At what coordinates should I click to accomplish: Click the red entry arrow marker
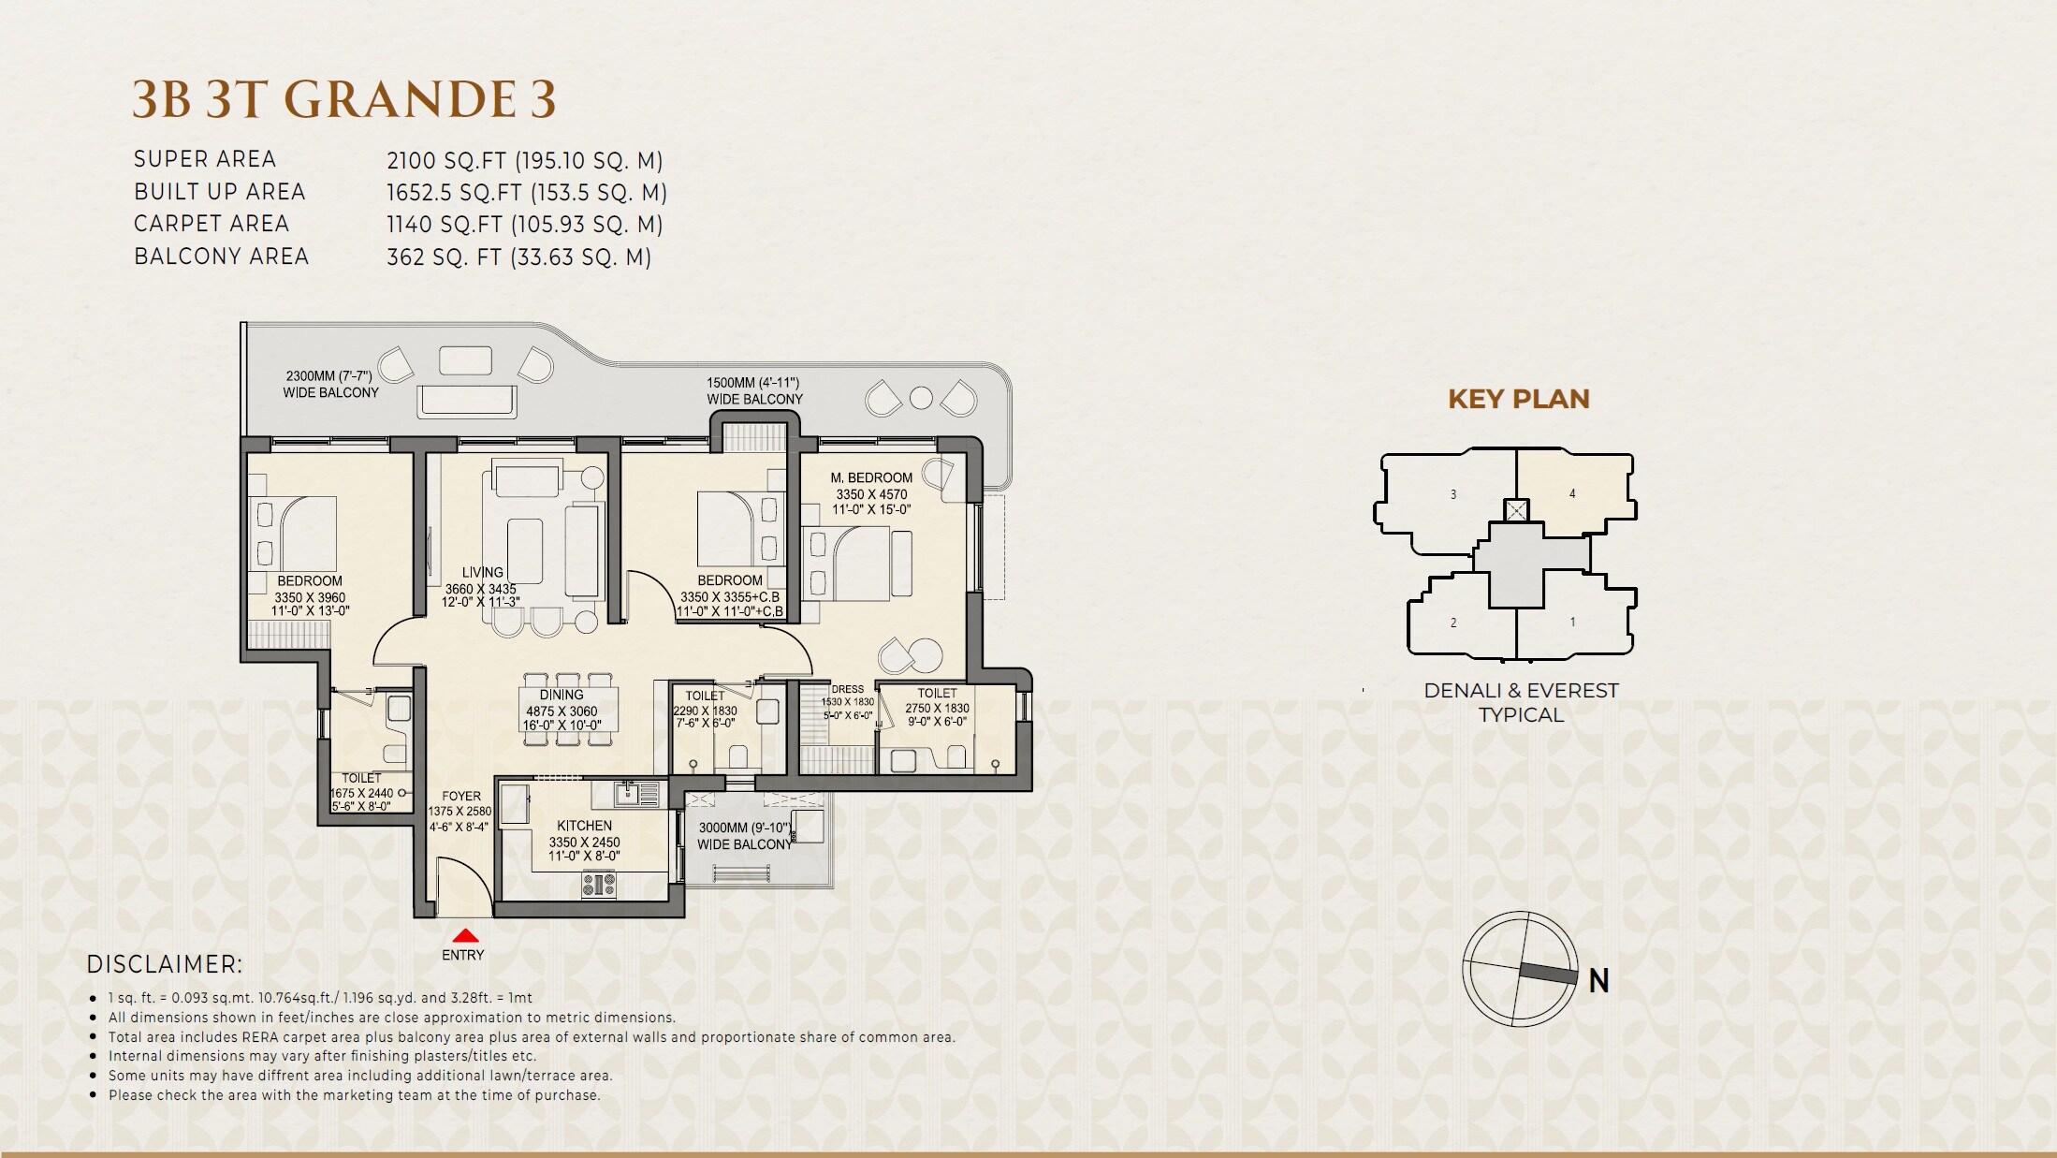coord(465,935)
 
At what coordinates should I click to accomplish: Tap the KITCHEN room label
coord(584,826)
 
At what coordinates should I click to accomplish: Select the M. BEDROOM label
coord(870,477)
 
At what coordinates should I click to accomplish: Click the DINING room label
coord(561,695)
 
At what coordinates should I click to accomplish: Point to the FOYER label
coord(460,796)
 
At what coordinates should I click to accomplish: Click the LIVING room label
coord(482,572)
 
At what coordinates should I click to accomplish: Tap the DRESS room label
coord(847,689)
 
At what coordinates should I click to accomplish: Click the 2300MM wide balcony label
coord(330,384)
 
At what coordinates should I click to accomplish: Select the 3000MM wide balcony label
coord(744,836)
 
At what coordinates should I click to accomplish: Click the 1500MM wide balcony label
coord(754,390)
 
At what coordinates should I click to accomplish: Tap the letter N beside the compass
coord(1598,980)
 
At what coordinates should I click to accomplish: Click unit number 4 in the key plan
coord(1572,493)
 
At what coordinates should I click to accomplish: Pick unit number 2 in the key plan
coord(1453,623)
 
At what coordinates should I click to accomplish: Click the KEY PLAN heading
coord(1518,399)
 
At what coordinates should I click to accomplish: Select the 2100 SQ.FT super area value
coord(524,160)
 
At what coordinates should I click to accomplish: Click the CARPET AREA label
coord(212,224)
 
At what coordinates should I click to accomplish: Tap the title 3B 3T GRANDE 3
coord(343,99)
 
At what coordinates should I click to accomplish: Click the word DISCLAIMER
coord(164,964)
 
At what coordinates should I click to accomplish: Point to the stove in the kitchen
coord(599,884)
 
